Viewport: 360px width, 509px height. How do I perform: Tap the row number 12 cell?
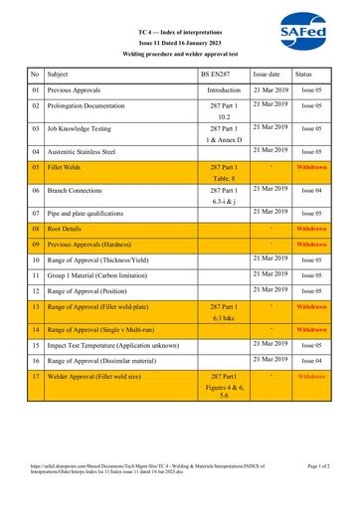[35, 291]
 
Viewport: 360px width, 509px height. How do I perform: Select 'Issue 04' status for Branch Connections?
[311, 189]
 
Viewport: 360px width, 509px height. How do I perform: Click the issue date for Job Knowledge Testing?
[270, 126]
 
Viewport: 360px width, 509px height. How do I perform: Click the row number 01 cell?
[35, 90]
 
